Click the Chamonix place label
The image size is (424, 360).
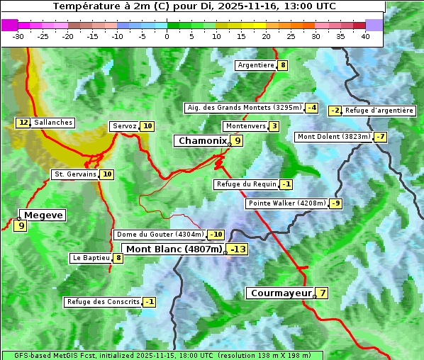(202, 141)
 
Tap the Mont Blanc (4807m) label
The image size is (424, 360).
(174, 249)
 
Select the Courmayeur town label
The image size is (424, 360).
(280, 293)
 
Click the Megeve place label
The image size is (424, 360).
(43, 215)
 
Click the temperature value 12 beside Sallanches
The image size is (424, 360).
(23, 123)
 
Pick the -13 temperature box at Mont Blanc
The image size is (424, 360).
(238, 249)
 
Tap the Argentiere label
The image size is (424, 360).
(256, 65)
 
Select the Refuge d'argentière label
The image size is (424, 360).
(379, 111)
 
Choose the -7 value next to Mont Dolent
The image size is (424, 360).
(380, 137)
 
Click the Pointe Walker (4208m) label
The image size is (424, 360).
(287, 203)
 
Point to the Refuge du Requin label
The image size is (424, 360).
(245, 184)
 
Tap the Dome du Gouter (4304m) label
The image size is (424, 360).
(160, 235)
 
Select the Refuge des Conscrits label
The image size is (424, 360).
(102, 302)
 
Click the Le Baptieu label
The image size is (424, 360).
(91, 258)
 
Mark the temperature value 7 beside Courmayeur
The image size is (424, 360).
(323, 293)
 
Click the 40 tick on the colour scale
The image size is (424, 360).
(365, 36)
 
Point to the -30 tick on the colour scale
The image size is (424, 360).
(18, 36)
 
